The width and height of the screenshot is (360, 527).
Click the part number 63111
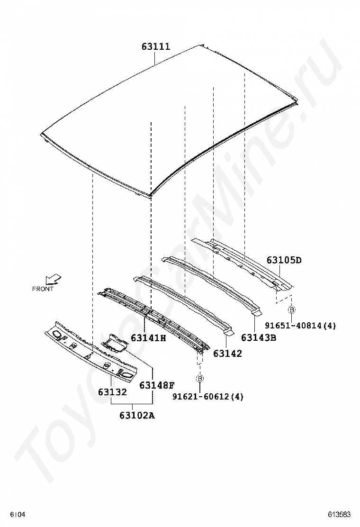(156, 46)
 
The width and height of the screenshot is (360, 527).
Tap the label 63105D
(284, 260)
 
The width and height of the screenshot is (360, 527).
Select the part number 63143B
(259, 337)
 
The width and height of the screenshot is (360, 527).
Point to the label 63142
(227, 354)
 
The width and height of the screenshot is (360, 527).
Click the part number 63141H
(148, 338)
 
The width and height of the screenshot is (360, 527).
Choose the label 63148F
(157, 385)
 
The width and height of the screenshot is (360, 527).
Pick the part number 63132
(113, 392)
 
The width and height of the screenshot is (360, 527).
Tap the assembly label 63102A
(137, 416)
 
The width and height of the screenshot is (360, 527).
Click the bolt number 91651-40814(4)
(300, 325)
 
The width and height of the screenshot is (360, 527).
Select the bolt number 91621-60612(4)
(208, 397)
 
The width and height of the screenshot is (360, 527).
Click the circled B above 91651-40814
(291, 309)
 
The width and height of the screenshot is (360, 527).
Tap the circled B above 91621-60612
(200, 379)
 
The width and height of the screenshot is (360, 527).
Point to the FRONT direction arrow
(54, 279)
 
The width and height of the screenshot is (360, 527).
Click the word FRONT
(43, 289)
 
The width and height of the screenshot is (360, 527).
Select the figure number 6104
(18, 515)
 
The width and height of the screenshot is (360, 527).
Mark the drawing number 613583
(340, 515)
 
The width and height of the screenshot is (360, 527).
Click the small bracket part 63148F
(115, 343)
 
